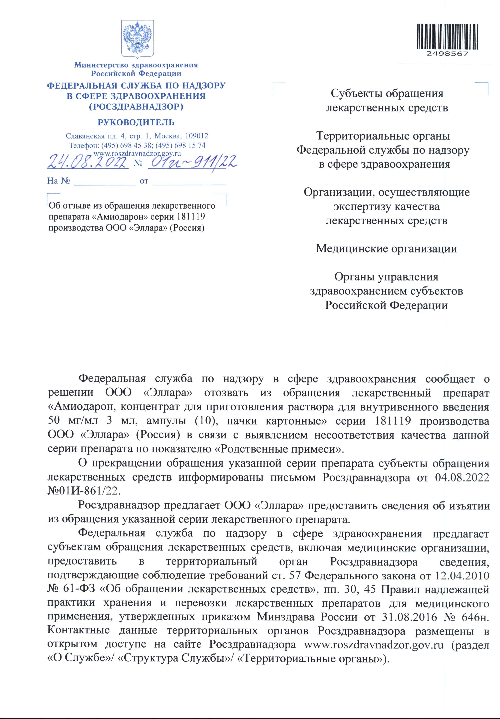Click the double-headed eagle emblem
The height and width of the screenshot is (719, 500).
click(137, 39)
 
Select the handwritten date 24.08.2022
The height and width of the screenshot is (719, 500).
click(88, 162)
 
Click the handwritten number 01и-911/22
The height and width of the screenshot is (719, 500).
click(192, 162)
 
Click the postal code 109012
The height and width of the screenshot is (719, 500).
click(197, 136)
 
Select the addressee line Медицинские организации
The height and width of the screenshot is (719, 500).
click(386, 249)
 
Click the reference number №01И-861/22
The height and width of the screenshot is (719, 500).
click(84, 491)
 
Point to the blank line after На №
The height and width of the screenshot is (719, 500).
click(105, 181)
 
